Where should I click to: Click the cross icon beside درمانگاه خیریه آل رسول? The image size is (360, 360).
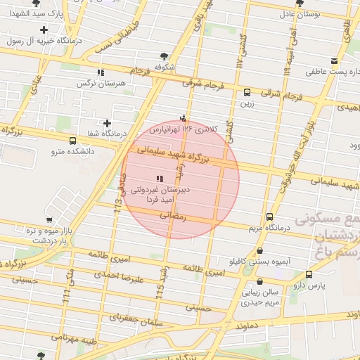(x=44, y=30)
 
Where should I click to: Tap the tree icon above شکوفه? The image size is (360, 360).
(x=164, y=56)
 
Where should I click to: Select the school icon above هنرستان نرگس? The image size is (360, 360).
(x=101, y=72)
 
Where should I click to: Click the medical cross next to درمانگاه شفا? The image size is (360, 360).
(x=107, y=123)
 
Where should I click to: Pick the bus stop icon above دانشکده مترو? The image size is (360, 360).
(x=72, y=141)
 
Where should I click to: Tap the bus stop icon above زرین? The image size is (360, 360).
(x=247, y=93)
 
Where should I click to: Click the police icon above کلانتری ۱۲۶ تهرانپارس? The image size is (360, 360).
(x=184, y=118)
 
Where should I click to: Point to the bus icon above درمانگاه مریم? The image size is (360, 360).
(x=269, y=218)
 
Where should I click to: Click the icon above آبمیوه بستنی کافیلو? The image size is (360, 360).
(x=261, y=250)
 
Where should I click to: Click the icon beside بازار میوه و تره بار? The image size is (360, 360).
(x=50, y=219)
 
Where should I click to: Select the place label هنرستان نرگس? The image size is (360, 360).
(x=102, y=83)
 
